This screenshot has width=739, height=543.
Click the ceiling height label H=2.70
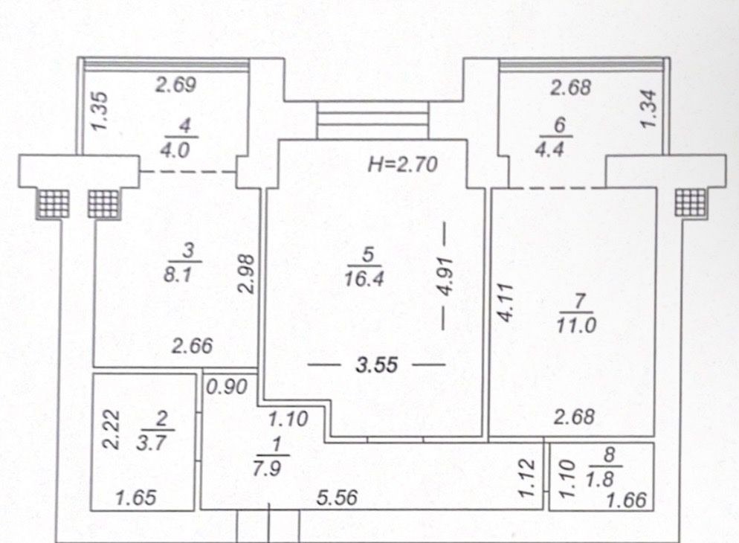(x=402, y=164)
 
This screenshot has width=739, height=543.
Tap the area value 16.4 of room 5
(x=364, y=279)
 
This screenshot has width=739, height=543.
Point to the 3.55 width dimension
(x=377, y=365)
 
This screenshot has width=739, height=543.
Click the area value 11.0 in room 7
(x=576, y=325)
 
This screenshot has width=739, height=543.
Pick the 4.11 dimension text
(x=505, y=302)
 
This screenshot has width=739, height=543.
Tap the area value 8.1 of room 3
(x=178, y=274)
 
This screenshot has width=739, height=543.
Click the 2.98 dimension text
(x=247, y=274)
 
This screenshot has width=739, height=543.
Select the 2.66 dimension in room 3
(x=193, y=347)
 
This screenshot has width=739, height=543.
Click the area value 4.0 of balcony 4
(x=175, y=151)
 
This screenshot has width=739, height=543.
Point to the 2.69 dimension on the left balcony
(x=175, y=86)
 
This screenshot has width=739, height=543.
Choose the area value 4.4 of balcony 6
(x=549, y=150)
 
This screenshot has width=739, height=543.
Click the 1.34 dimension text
(x=649, y=109)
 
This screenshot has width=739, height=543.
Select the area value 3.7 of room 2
(x=151, y=443)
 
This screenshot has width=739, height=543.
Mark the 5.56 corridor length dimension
(x=337, y=498)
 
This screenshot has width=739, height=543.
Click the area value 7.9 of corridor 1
(x=267, y=469)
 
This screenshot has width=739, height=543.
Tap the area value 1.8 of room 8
(x=601, y=480)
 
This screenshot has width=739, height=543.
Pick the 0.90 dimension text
(x=227, y=387)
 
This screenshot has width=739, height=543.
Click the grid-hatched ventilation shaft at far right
(x=691, y=204)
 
